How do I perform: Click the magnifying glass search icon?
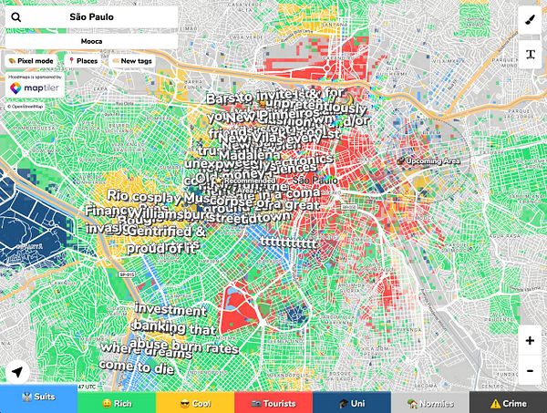click(15, 17)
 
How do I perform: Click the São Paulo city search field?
click(91, 17)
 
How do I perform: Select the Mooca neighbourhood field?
click(91, 41)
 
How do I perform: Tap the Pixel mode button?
click(30, 60)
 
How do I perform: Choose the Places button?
click(84, 60)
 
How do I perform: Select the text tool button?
click(530, 53)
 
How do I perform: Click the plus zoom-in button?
click(530, 340)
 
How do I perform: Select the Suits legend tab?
click(38, 402)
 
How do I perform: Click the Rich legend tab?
click(117, 402)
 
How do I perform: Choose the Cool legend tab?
click(195, 402)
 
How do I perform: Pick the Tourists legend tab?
click(273, 402)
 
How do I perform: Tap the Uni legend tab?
click(351, 402)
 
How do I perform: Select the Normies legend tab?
click(429, 402)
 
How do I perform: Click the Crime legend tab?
click(508, 402)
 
